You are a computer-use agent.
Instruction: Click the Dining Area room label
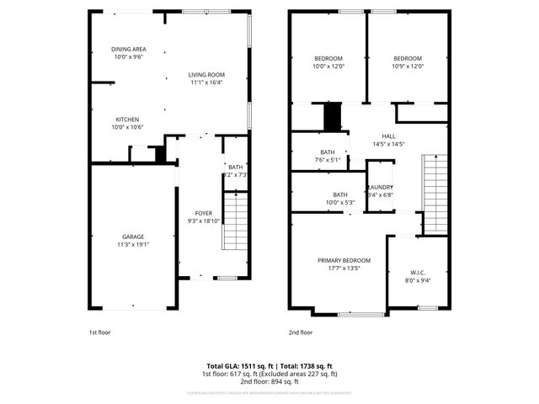pyautogui.click(x=129, y=50)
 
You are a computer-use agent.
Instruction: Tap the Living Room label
pyautogui.click(x=205, y=75)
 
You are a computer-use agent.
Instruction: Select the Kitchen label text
pyautogui.click(x=127, y=120)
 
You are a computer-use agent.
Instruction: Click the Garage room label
pyautogui.click(x=131, y=237)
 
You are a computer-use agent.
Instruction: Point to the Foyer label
pyautogui.click(x=204, y=214)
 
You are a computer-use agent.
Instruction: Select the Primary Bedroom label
pyautogui.click(x=344, y=260)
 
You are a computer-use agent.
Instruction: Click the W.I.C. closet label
pyautogui.click(x=417, y=272)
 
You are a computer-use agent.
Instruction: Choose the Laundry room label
pyautogui.click(x=380, y=187)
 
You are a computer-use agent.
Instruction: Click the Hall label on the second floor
pyautogui.click(x=388, y=136)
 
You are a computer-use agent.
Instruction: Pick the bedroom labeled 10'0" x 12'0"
pyautogui.click(x=328, y=62)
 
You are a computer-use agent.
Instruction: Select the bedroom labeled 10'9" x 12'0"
pyautogui.click(x=408, y=62)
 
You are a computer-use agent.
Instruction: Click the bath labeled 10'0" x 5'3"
pyautogui.click(x=339, y=198)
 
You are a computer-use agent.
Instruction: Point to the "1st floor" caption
pyautogui.click(x=99, y=332)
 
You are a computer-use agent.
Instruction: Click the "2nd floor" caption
pyautogui.click(x=301, y=332)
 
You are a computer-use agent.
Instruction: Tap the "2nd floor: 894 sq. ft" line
pyautogui.click(x=269, y=381)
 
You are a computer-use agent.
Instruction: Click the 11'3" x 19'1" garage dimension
pyautogui.click(x=131, y=245)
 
